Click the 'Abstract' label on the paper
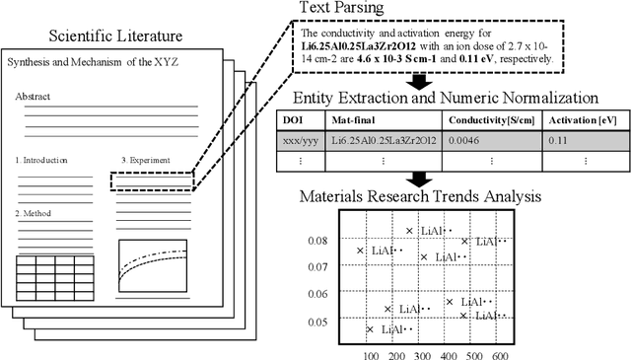pyautogui.click(x=33, y=98)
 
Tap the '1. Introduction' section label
pyautogui.click(x=42, y=160)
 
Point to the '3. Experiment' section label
pyautogui.click(x=144, y=160)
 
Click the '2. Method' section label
pyautogui.click(x=35, y=213)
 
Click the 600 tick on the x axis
pyautogui.click(x=500, y=354)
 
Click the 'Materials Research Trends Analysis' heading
pyautogui.click(x=420, y=196)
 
